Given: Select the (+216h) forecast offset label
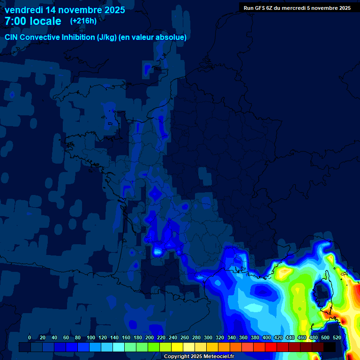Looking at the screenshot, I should (x=83, y=21).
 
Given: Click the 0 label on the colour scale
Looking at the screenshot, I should (x=30, y=337).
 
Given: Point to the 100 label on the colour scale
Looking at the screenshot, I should (x=91, y=337).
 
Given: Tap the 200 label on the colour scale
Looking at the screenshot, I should (x=150, y=337).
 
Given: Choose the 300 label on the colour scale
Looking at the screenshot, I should (x=208, y=337).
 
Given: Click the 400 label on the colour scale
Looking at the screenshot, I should (x=267, y=337).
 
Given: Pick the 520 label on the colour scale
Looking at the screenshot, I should (x=337, y=337).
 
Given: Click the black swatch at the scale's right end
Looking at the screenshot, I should (x=330, y=347).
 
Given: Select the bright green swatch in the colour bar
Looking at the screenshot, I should (x=154, y=347).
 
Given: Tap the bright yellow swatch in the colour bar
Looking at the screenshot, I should (x=177, y=347).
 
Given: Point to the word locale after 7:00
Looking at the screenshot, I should (x=45, y=21).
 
